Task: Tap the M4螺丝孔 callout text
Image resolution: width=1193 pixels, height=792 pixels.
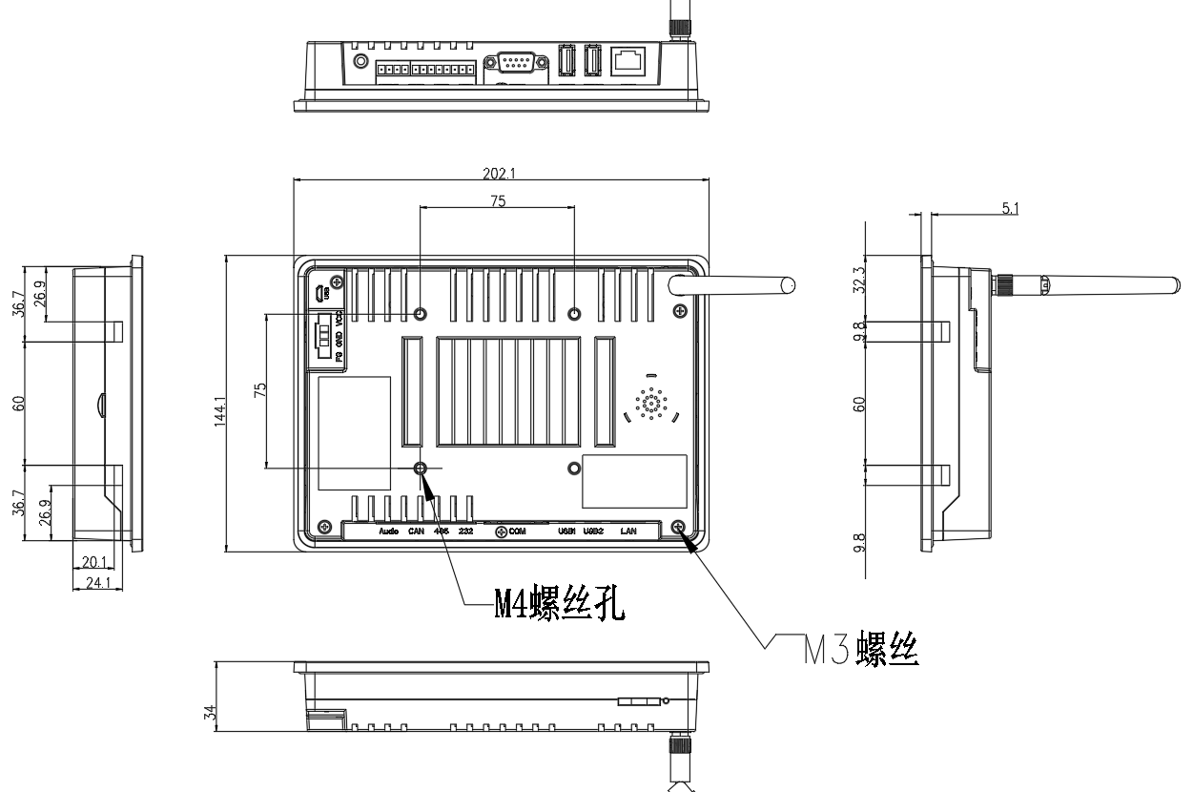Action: (x=559, y=605)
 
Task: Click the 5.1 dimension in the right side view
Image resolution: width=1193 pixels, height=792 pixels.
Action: (x=1011, y=208)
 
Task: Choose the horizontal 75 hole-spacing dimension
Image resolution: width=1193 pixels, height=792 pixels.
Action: (x=498, y=200)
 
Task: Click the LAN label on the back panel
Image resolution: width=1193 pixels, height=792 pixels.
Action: (x=628, y=531)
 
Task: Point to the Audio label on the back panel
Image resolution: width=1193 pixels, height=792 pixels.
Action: (x=387, y=531)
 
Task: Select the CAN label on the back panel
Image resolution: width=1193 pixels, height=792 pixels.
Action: (x=416, y=531)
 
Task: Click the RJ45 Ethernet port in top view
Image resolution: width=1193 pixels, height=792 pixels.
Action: (x=626, y=60)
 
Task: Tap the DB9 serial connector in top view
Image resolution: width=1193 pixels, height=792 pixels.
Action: (x=515, y=63)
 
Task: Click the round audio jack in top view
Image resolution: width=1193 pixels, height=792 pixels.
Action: (x=360, y=62)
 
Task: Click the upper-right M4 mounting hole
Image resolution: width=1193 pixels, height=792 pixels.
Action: (x=574, y=314)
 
